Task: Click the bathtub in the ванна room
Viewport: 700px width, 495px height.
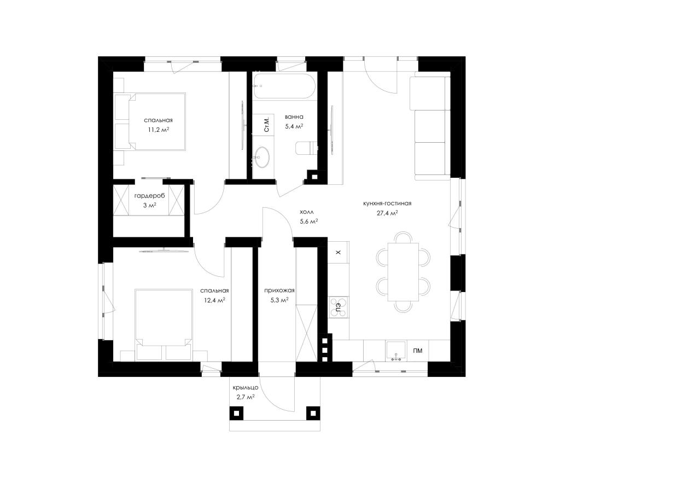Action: (284, 86)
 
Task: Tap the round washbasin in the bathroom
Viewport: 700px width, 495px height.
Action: (262, 156)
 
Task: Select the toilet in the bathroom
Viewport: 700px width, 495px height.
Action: (306, 148)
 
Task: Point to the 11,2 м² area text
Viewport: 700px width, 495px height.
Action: (159, 130)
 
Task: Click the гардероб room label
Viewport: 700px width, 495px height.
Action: (149, 196)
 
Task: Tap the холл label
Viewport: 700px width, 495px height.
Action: (307, 212)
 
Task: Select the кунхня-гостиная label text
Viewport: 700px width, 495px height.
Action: (387, 203)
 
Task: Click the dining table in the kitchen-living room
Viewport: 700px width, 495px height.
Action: (403, 272)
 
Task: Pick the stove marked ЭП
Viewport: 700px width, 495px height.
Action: (339, 307)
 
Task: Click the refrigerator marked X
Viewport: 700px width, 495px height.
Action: (339, 252)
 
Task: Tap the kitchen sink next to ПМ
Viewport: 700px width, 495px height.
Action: (396, 351)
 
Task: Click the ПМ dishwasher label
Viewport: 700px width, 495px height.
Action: (417, 351)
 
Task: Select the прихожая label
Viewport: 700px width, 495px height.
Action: (279, 290)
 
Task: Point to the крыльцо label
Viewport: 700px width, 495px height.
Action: (246, 388)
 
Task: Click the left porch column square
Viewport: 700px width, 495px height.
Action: (237, 414)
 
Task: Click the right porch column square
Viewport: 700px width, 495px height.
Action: (313, 414)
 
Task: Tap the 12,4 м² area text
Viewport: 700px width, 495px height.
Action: (215, 300)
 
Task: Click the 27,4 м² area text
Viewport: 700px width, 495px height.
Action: (387, 213)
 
